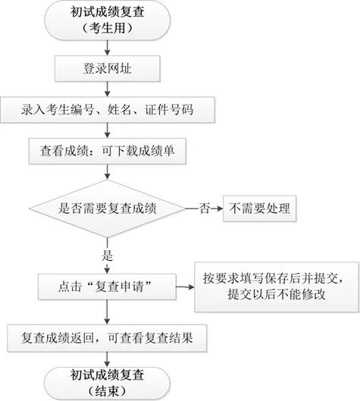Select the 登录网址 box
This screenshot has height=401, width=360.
[104, 69]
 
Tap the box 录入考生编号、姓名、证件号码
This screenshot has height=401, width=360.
[107, 109]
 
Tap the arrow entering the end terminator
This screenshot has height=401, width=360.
[104, 356]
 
